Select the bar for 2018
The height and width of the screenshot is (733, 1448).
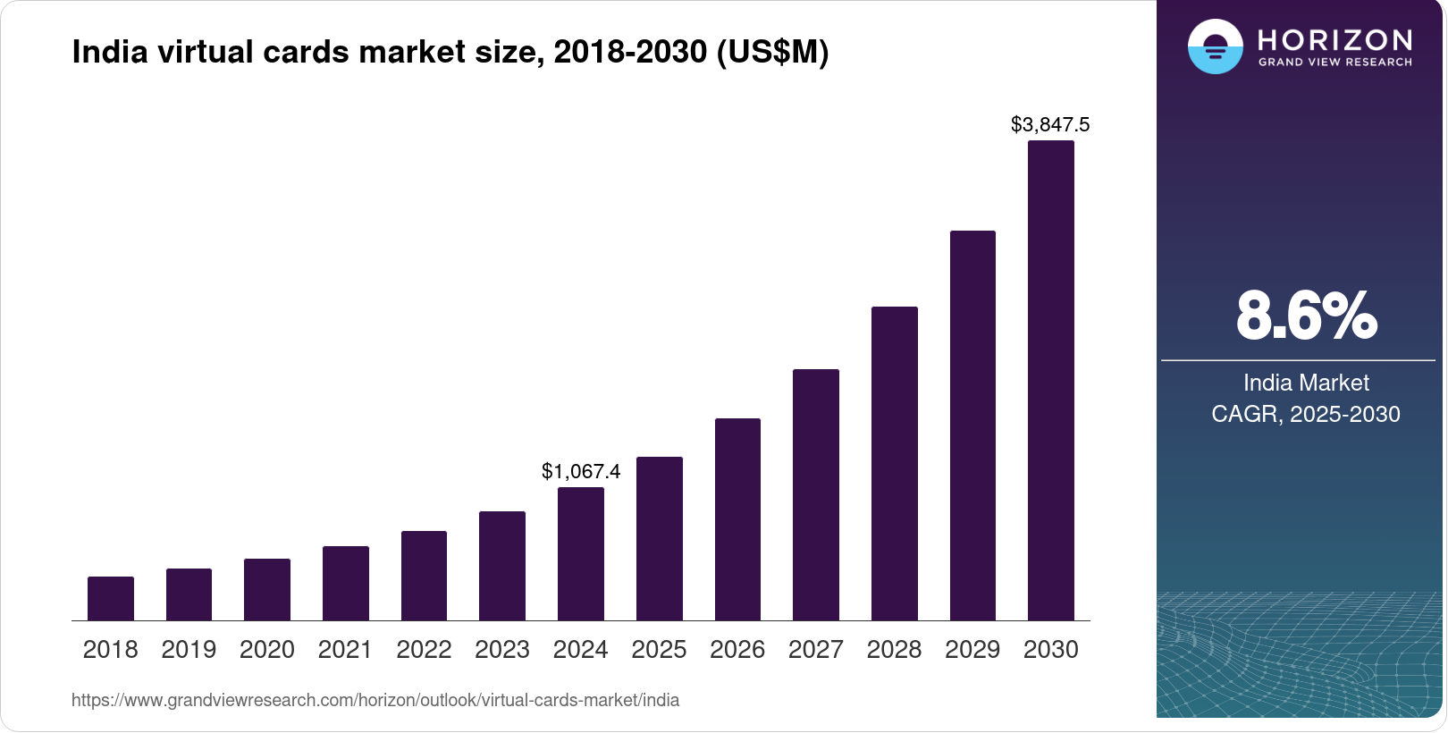(111, 599)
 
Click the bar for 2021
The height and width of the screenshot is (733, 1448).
(346, 584)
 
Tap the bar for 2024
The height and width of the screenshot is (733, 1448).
(581, 554)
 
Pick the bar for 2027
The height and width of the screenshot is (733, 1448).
(816, 495)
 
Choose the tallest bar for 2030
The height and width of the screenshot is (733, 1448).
(1051, 381)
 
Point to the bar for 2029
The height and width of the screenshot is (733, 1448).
(972, 425)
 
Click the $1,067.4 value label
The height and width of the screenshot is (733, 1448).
(581, 471)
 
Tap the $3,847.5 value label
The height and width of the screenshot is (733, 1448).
(1050, 125)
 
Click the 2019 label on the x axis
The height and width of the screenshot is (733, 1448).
(189, 650)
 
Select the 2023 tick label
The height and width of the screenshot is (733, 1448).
(502, 650)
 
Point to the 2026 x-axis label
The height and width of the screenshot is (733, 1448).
(737, 650)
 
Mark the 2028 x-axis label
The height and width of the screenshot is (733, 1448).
(894, 650)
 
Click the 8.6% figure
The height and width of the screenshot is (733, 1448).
(1306, 316)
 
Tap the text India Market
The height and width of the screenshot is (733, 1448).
(1306, 383)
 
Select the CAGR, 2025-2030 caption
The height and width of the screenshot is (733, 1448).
(1306, 415)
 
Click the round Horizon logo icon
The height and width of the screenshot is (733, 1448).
(1215, 46)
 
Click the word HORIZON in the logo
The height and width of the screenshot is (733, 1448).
(1335, 39)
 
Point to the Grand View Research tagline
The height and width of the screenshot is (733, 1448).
(1335, 63)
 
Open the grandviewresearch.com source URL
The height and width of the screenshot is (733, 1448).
(375, 701)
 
